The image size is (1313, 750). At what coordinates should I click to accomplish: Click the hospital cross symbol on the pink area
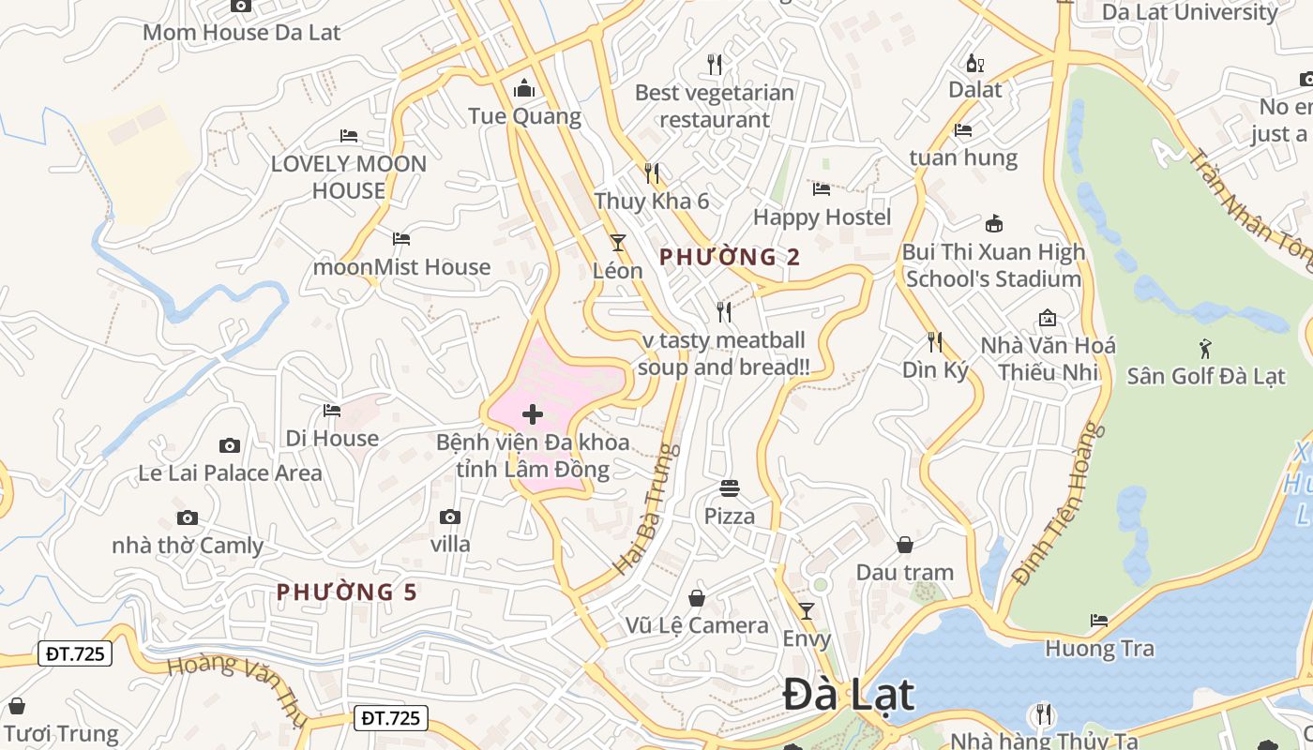click(533, 414)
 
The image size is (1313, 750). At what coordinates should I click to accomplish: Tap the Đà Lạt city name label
click(848, 696)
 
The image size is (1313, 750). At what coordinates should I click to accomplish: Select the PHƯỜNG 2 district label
click(730, 257)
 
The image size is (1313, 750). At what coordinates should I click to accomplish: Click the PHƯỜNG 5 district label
click(347, 592)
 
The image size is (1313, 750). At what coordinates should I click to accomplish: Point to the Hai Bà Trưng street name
click(646, 509)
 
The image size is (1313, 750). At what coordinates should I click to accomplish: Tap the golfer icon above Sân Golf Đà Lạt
click(1205, 350)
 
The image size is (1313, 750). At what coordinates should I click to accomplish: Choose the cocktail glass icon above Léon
click(617, 243)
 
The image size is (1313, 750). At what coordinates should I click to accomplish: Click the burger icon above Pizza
click(730, 488)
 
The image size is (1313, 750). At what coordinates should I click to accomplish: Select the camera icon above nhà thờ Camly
click(188, 517)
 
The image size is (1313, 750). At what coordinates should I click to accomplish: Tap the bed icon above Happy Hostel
click(822, 189)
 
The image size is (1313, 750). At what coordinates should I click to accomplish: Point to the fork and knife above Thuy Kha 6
click(652, 173)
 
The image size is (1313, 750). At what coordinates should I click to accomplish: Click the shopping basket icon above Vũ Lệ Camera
click(697, 598)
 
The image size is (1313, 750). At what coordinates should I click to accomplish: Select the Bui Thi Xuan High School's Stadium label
click(993, 265)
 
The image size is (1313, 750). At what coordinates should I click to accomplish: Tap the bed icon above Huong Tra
click(1099, 621)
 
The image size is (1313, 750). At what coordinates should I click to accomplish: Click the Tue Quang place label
click(524, 116)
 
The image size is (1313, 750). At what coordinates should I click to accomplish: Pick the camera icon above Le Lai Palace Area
click(230, 445)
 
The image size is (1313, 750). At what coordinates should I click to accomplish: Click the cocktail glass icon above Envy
click(807, 611)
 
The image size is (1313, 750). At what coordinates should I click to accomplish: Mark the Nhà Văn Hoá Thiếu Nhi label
click(1048, 358)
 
